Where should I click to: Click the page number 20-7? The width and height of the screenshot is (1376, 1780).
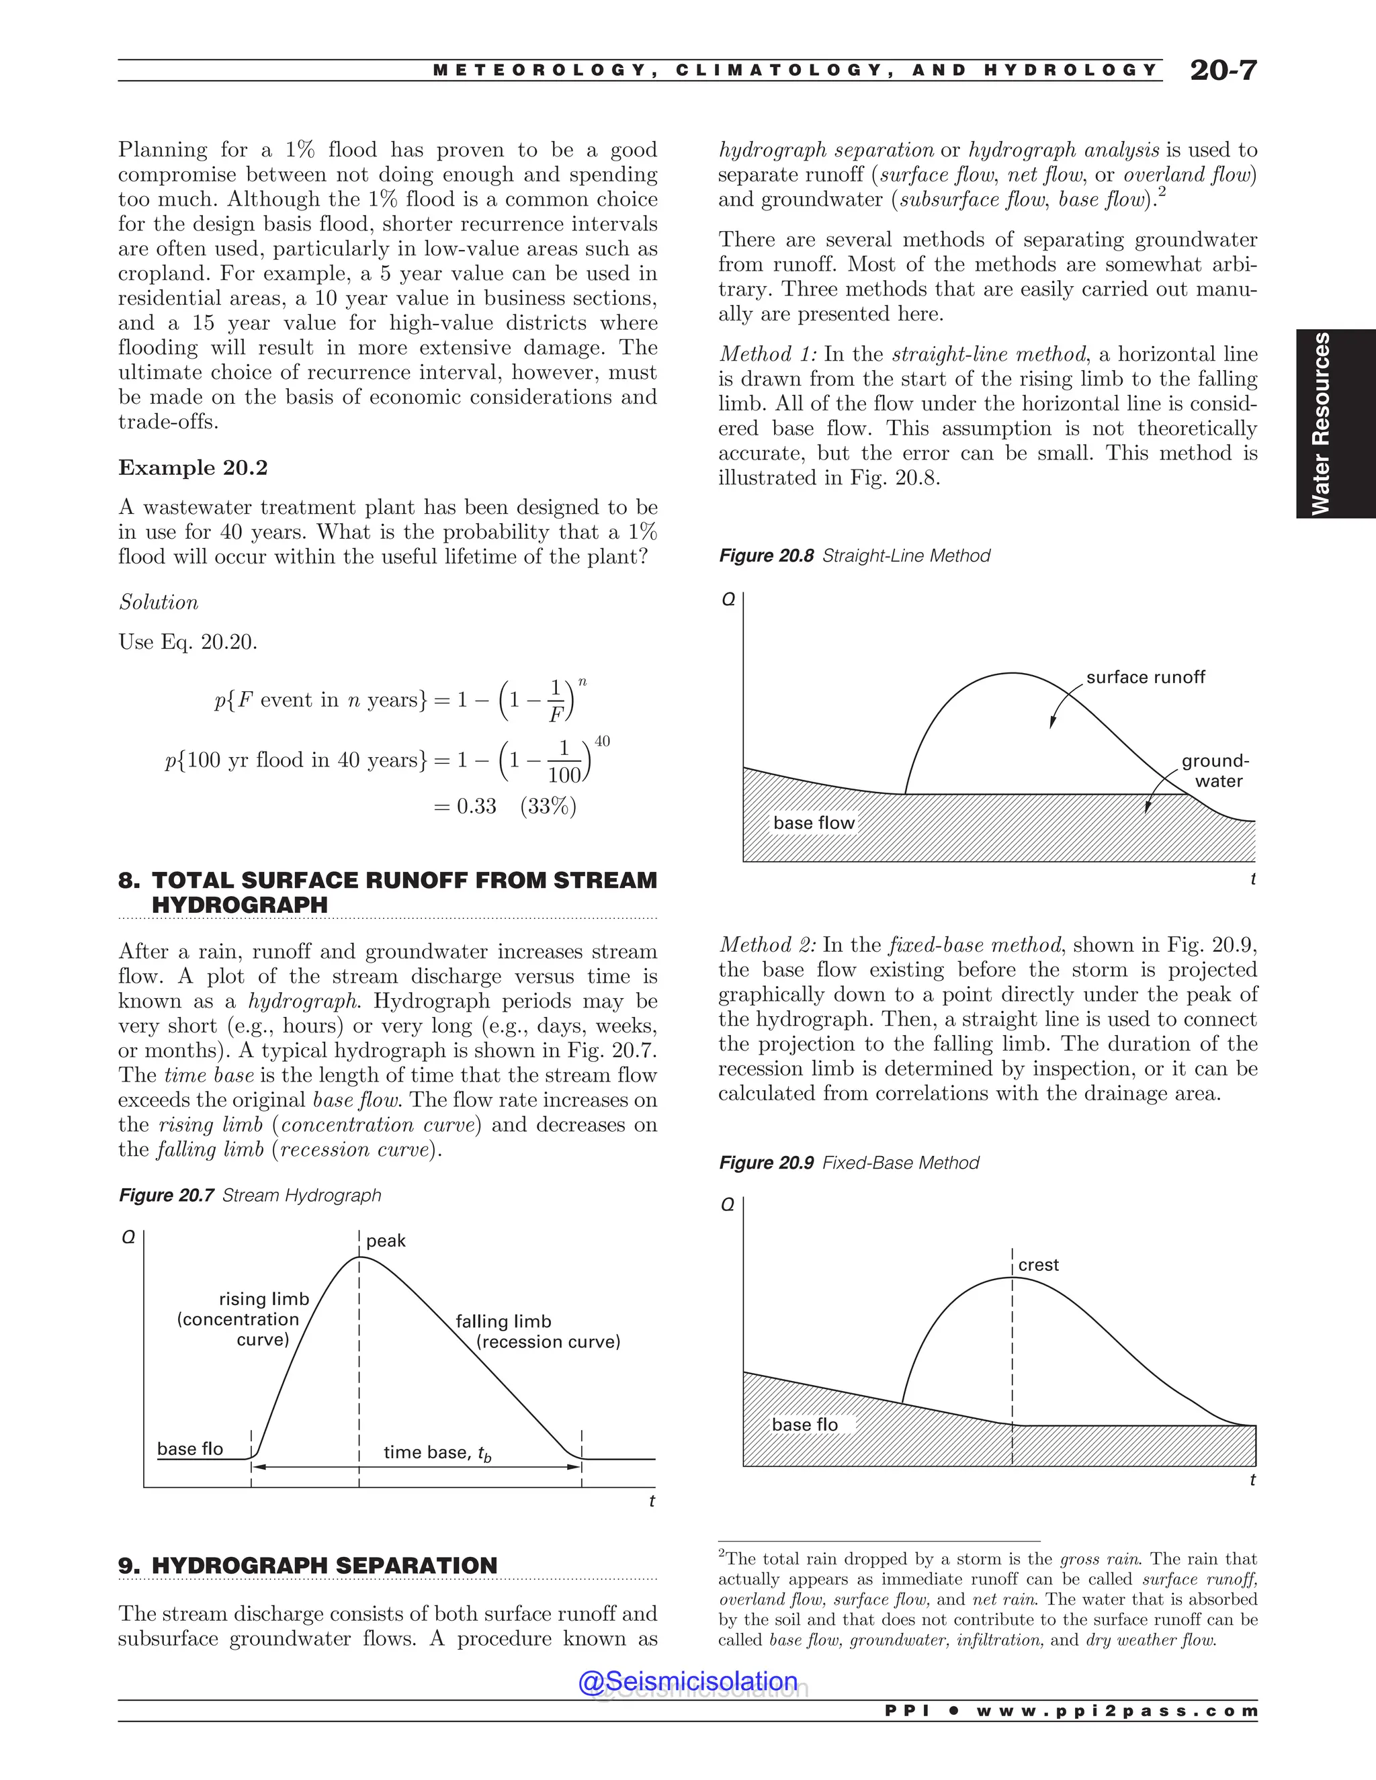[x=1223, y=71]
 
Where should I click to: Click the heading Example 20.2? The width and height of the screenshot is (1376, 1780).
[x=193, y=468]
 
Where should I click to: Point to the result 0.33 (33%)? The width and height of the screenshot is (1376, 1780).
[x=505, y=807]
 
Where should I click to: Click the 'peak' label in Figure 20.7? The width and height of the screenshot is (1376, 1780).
[x=386, y=1241]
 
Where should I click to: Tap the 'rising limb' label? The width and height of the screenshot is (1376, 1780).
[x=264, y=1299]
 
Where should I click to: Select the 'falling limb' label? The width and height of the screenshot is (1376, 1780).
[x=503, y=1321]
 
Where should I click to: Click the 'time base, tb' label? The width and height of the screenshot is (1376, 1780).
[x=437, y=1452]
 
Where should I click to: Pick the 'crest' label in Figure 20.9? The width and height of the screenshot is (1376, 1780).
[x=1039, y=1265]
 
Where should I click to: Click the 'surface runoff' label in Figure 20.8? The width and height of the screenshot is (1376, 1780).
[x=1146, y=677]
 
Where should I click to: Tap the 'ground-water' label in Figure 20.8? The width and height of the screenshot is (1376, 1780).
[x=1215, y=771]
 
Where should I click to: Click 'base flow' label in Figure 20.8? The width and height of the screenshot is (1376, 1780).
[x=814, y=824]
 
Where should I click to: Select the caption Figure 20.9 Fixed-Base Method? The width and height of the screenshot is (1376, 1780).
[x=849, y=1163]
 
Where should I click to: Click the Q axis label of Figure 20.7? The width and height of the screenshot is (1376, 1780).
[x=128, y=1238]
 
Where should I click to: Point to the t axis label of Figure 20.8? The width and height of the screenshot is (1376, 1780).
[x=1253, y=879]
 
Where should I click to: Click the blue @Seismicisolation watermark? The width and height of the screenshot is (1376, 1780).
[x=688, y=1681]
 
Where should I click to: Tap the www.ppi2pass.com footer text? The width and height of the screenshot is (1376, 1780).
[x=1117, y=1711]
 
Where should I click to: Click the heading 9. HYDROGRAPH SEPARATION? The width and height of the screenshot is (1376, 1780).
[x=308, y=1566]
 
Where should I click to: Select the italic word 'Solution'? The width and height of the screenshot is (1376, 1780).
[x=159, y=603]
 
